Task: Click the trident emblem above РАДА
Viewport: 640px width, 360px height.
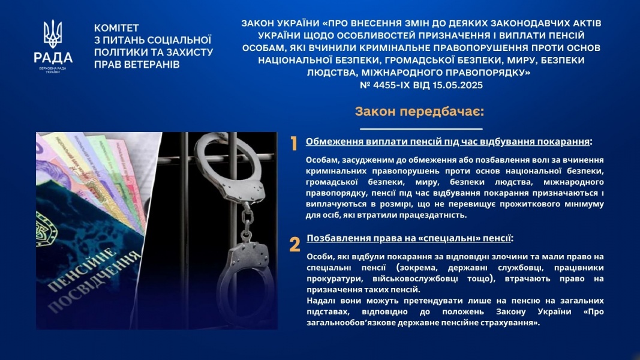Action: (x=53, y=34)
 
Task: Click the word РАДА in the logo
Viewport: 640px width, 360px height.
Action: (x=53, y=58)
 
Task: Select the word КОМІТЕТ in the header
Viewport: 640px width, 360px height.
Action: (x=116, y=28)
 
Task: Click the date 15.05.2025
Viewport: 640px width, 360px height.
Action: (x=458, y=85)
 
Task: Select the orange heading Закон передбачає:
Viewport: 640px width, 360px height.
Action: (x=420, y=112)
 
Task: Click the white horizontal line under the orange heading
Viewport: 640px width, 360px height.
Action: (x=421, y=129)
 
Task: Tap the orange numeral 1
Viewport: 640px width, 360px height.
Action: (x=294, y=143)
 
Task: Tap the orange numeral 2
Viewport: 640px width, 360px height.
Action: (x=295, y=244)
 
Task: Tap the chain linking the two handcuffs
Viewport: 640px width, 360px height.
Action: (x=246, y=223)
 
